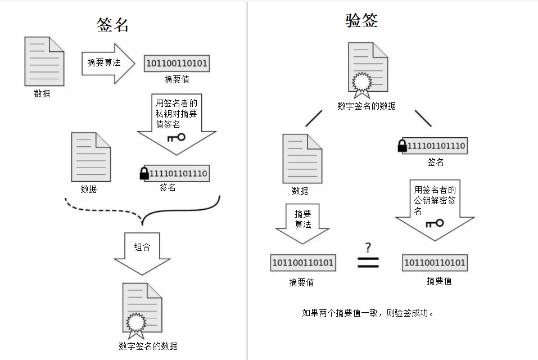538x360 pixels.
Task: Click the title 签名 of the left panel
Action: (112, 25)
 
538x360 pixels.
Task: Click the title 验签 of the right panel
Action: (361, 20)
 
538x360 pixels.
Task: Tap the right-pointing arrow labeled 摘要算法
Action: (108, 64)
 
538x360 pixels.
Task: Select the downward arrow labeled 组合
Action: (142, 254)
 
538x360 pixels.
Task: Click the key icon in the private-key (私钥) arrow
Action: (177, 138)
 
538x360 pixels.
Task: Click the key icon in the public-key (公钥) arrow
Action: (435, 223)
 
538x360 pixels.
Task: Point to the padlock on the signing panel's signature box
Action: (144, 174)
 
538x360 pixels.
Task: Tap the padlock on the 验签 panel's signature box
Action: (402, 146)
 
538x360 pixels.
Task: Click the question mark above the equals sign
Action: (368, 247)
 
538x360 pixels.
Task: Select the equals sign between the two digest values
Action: (368, 263)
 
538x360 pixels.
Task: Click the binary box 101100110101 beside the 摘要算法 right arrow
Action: (177, 64)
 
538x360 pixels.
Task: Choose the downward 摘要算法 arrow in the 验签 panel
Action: (302, 224)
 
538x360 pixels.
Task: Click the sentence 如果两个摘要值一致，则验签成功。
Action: (368, 313)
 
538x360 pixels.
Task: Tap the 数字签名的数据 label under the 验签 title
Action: (367, 106)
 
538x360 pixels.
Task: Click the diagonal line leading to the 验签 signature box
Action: (423, 118)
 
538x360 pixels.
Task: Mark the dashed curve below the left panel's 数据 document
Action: (103, 209)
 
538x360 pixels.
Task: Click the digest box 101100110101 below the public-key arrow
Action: (435, 263)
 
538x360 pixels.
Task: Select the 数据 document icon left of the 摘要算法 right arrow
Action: (44, 61)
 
